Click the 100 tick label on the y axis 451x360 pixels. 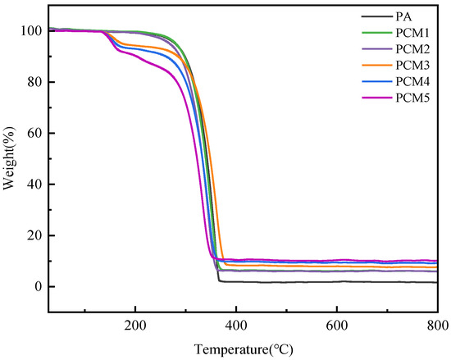31,31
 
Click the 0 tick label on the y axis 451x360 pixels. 38,287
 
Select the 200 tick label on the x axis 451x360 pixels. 134,322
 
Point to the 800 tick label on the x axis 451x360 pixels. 437,322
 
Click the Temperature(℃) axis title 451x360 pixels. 244,348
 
